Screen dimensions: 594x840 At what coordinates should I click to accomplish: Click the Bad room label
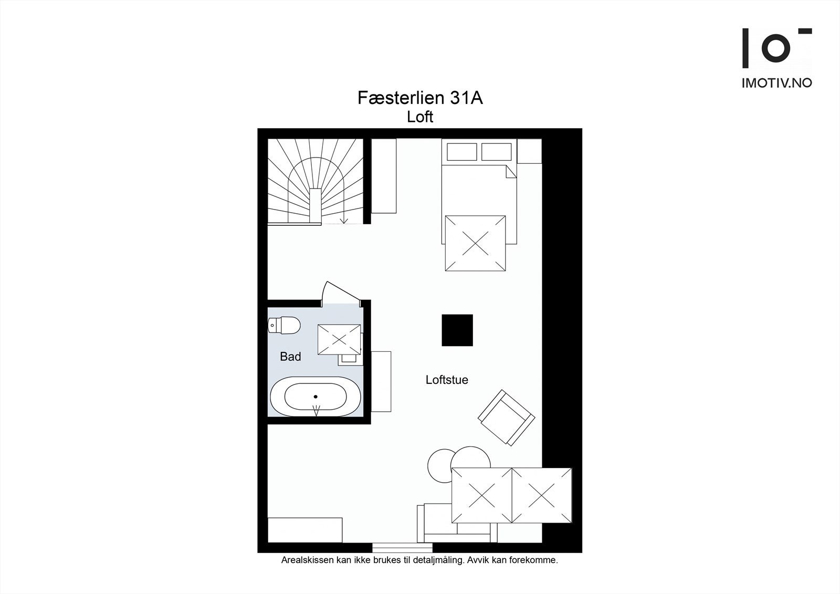290,357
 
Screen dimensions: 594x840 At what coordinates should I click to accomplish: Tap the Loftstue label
447,380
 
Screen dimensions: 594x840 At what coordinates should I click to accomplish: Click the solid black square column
457,330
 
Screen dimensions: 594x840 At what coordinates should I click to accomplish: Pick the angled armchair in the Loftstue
507,418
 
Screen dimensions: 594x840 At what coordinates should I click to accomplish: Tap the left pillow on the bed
461,152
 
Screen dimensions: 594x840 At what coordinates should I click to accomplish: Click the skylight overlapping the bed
475,243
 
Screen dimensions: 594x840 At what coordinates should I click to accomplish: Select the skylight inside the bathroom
339,339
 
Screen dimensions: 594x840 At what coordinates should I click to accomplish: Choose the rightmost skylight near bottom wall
541,495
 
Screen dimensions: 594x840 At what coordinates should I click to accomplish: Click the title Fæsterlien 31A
420,98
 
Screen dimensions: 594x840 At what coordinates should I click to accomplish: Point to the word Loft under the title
420,117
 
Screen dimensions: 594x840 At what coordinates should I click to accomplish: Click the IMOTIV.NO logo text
776,83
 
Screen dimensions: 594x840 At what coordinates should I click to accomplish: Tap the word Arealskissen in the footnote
307,560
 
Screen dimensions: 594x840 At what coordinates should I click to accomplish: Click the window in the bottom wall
403,547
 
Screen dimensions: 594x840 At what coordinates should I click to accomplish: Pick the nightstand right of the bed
529,151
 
